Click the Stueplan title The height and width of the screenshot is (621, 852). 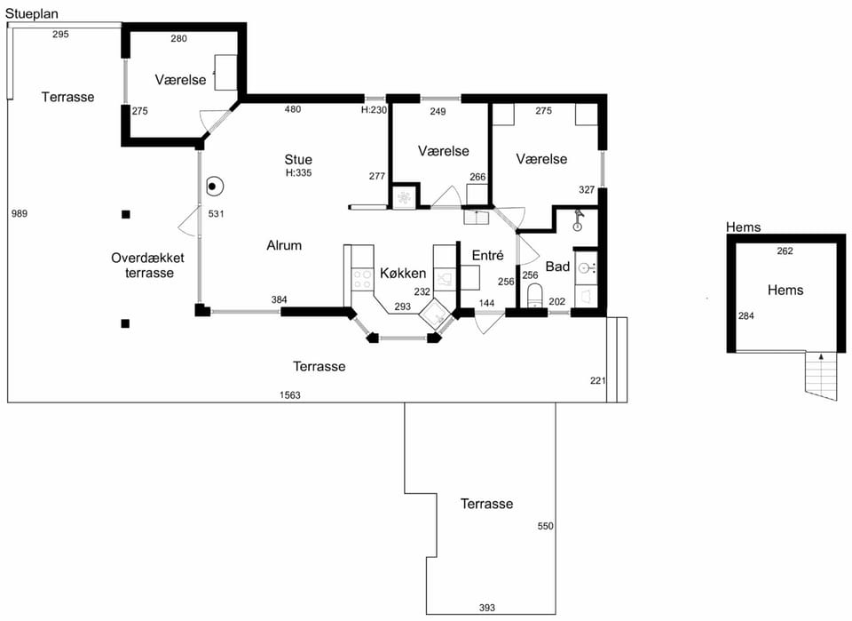32,13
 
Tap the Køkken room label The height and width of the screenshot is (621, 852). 403,273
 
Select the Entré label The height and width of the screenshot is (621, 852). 487,255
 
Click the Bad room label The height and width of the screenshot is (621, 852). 557,267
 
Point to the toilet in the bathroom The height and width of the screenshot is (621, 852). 535,295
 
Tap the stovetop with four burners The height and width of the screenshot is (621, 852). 362,279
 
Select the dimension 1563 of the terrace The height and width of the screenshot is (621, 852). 289,394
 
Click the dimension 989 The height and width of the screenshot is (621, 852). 19,213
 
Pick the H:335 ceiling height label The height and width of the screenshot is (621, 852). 298,173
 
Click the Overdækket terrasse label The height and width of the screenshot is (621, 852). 148,266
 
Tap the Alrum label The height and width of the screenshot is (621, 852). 284,245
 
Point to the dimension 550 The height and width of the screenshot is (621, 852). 545,526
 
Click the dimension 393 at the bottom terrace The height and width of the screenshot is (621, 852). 487,608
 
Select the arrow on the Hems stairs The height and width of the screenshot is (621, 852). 821,357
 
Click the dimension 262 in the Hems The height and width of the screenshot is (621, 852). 785,251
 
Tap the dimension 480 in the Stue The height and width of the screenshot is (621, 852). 292,108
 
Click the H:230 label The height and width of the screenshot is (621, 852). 374,109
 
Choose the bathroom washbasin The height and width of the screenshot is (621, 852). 586,267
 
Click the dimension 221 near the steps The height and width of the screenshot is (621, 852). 597,380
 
